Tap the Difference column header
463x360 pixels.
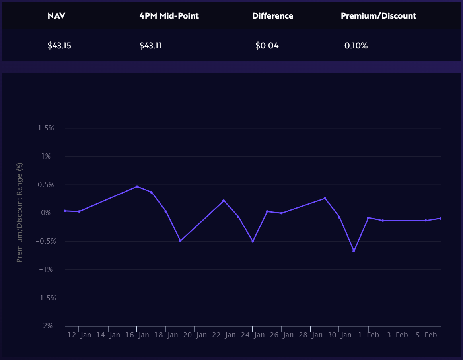[x=272, y=16]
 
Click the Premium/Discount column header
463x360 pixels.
[x=378, y=16]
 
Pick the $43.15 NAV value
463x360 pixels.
[x=59, y=45]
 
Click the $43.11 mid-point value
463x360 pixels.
[x=150, y=45]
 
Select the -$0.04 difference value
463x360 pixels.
[x=265, y=45]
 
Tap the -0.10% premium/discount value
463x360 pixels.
[x=354, y=45]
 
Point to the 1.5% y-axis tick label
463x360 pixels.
[x=46, y=128]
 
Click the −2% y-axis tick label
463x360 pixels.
[x=46, y=326]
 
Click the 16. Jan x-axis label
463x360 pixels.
[x=137, y=335]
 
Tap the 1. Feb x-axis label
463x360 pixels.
[x=368, y=335]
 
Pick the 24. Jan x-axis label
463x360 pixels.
[x=253, y=335]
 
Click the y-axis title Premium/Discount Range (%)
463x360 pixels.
[x=19, y=213]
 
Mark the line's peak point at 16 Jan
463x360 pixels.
[x=137, y=186]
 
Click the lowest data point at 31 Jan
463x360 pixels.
[x=354, y=251]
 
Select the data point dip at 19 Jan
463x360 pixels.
[x=180, y=241]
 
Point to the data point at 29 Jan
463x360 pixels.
[x=325, y=198]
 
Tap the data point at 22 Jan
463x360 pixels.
[x=224, y=201]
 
